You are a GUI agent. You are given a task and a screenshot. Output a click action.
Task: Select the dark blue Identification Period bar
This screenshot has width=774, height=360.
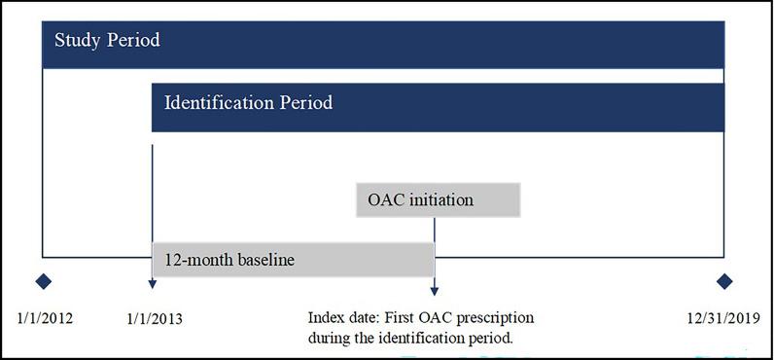438,106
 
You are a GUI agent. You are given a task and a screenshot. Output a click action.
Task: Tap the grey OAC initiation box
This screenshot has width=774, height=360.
439,200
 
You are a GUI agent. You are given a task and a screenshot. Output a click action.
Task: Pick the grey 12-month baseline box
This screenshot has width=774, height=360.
293,261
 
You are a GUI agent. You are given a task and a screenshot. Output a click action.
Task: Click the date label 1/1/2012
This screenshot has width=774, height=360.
46,318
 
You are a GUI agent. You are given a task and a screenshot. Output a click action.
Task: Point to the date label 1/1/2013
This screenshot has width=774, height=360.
155,318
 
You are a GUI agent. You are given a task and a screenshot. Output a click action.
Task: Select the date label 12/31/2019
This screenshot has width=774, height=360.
721,318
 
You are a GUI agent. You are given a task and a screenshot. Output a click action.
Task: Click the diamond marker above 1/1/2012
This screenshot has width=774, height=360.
43,281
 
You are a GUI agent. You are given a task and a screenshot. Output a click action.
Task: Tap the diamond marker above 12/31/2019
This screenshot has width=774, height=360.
723,281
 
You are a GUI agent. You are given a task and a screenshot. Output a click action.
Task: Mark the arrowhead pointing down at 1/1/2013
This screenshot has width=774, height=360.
153,284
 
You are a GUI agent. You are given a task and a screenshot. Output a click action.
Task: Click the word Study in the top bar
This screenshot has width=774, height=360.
76,41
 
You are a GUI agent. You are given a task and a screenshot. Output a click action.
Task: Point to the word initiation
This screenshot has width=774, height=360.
440,200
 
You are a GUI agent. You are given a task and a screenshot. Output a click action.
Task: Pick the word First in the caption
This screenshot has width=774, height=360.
407,318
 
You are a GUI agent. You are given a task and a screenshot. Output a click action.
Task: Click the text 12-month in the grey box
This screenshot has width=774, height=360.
193,261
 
